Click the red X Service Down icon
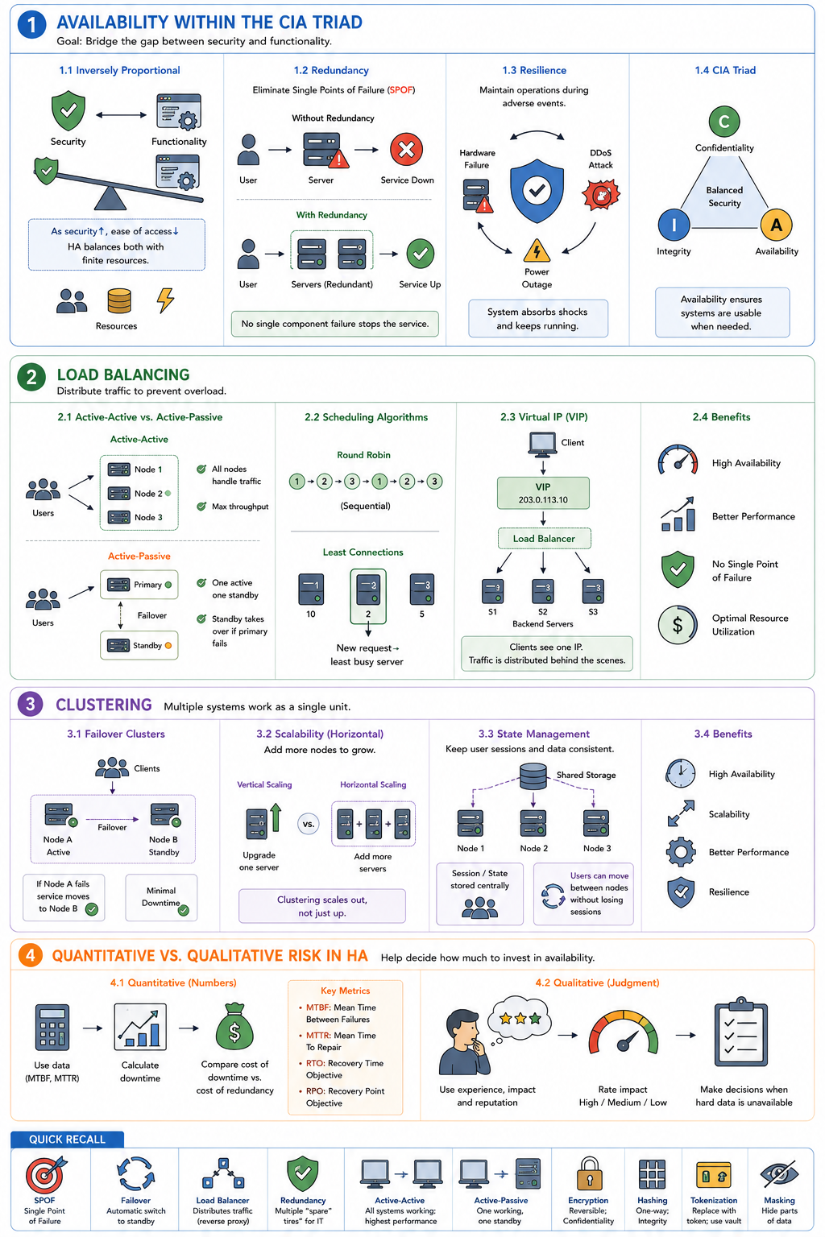(x=406, y=150)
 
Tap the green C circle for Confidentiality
(x=723, y=121)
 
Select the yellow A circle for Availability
(x=776, y=225)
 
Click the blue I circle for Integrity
(x=674, y=225)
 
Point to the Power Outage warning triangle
(x=537, y=250)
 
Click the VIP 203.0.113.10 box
(x=543, y=493)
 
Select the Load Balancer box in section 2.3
(x=545, y=539)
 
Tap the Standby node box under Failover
(x=139, y=646)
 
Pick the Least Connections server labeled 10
(x=311, y=590)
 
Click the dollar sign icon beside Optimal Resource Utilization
(x=678, y=625)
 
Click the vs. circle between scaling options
(x=309, y=825)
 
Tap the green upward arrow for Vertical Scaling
(x=276, y=818)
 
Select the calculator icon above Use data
(x=52, y=1027)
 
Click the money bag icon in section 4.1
(x=234, y=1026)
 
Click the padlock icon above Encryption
(x=590, y=1173)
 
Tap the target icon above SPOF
(x=45, y=1175)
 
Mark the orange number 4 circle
(x=31, y=955)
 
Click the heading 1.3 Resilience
(x=534, y=70)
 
